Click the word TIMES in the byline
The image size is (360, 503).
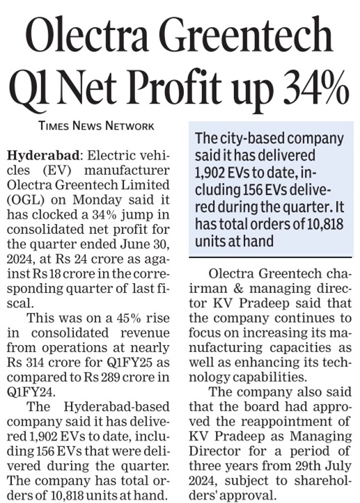pos(54,125)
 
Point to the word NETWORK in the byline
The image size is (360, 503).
pos(130,125)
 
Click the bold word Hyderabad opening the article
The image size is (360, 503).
pos(43,156)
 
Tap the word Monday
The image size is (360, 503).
pos(97,200)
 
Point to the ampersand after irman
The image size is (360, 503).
pos(239,289)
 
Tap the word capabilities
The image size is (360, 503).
pos(269,377)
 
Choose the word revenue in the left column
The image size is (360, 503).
pos(145,333)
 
